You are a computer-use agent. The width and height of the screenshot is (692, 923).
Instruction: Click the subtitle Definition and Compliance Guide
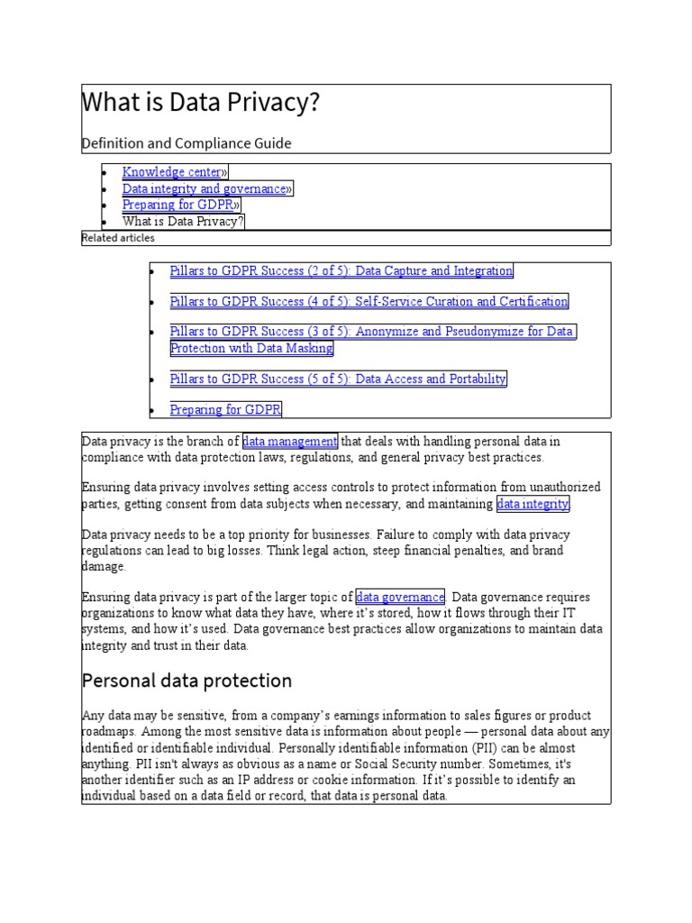tap(187, 143)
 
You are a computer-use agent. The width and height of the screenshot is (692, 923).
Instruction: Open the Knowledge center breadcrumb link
tap(172, 172)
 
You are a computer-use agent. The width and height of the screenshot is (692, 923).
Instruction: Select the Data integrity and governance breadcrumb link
tap(204, 188)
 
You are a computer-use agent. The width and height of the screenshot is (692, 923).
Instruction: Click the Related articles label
tap(118, 238)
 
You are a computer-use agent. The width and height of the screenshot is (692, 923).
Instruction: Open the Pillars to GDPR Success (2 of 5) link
tap(341, 271)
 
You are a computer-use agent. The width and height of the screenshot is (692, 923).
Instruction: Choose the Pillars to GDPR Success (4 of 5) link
tap(369, 302)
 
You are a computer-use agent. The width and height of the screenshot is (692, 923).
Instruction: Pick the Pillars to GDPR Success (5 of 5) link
tap(338, 379)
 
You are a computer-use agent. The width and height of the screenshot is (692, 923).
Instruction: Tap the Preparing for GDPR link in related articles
tap(225, 410)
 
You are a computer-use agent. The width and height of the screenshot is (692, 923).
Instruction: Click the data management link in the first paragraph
tap(290, 442)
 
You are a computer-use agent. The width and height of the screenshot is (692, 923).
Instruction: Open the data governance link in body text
tap(400, 598)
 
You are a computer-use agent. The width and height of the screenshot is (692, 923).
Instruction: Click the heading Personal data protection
tap(187, 680)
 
